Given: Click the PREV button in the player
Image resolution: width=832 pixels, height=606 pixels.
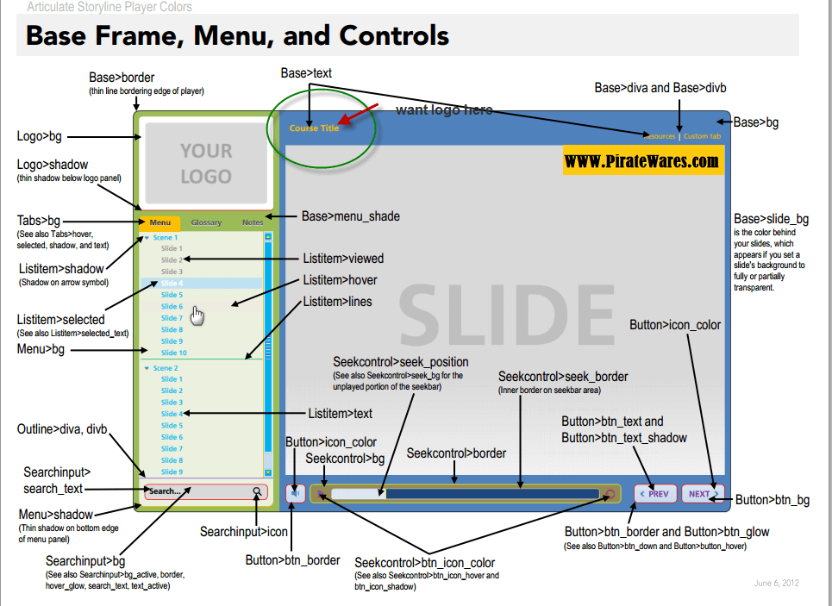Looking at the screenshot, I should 655,494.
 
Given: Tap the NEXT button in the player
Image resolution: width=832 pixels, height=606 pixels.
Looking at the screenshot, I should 703,494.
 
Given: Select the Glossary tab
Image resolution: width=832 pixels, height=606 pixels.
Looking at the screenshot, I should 206,222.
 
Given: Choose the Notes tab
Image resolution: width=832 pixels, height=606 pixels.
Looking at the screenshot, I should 253,222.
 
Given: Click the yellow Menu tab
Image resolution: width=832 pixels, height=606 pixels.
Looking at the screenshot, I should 160,222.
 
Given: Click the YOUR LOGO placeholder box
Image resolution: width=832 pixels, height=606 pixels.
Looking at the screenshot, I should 206,164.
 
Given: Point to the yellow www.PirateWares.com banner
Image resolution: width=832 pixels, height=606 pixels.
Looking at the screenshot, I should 642,161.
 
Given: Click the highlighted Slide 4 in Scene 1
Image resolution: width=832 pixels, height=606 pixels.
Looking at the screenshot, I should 172,283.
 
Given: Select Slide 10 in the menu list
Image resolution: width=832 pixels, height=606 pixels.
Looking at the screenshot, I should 173,353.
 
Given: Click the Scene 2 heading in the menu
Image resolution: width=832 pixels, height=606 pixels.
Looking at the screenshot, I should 166,368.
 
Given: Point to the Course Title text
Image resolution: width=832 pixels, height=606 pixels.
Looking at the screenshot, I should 314,128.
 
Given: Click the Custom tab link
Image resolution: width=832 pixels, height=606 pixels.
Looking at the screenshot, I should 702,136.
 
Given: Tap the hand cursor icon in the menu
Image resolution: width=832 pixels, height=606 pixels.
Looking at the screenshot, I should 198,316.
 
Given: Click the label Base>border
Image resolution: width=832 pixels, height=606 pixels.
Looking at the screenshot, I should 122,78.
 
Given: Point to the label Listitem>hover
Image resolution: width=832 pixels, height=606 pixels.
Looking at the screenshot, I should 340,280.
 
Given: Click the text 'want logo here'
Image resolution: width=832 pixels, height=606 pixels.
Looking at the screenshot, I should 444,110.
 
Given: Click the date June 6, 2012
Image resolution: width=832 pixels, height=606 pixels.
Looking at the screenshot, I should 776,584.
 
